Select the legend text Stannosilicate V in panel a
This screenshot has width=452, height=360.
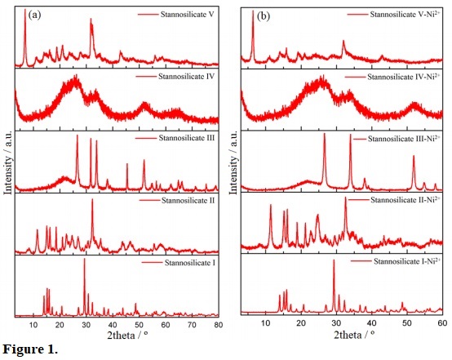[x=180, y=15]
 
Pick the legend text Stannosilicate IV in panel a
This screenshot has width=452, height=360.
[x=182, y=77]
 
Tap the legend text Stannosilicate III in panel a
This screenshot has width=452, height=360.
[x=182, y=139]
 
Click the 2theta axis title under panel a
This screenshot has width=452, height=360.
[x=114, y=336]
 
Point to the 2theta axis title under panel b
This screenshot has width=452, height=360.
[x=339, y=336]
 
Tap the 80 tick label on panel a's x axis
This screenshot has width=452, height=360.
[x=217, y=325]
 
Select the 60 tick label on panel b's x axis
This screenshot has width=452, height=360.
[x=441, y=324]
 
